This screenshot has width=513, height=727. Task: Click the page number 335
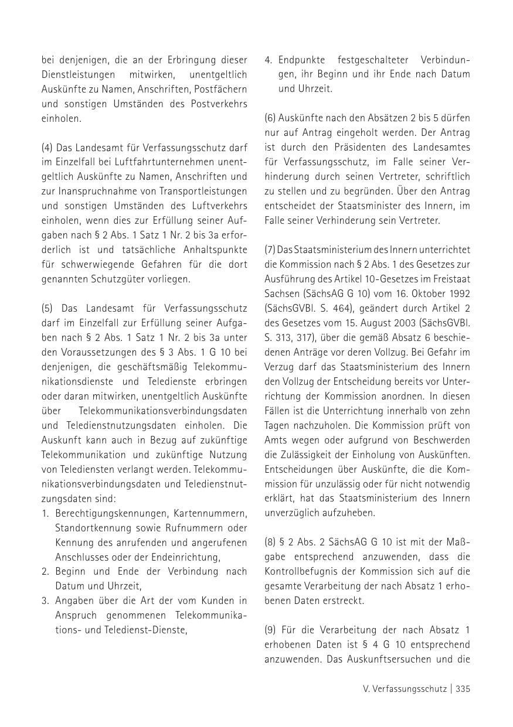click(x=463, y=689)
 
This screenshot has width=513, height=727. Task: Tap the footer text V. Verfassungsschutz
click(x=405, y=689)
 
